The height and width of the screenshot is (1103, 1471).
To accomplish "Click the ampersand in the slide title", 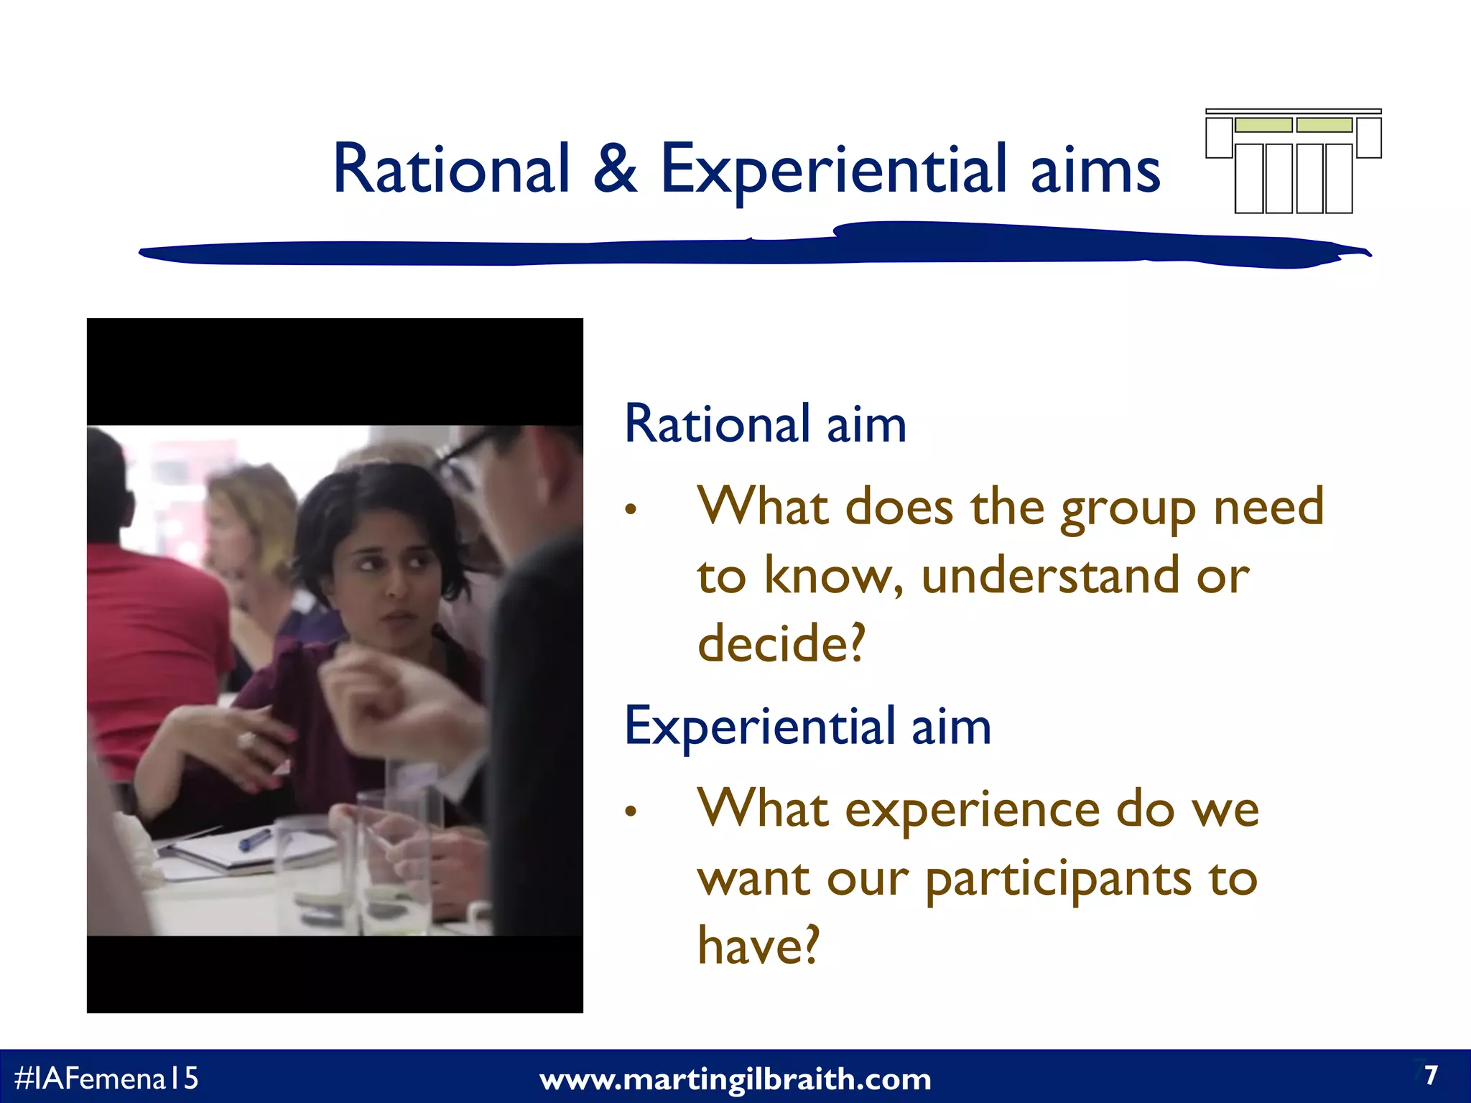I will pos(615,169).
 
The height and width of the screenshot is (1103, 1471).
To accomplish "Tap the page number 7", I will pos(1431,1075).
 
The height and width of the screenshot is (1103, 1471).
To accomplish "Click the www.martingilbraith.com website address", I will pos(735,1079).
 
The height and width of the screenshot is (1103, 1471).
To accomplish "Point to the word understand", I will pos(1049,576).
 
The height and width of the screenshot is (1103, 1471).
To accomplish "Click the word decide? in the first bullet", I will pos(781,643).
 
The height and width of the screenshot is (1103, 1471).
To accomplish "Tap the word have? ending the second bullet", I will pos(758,946).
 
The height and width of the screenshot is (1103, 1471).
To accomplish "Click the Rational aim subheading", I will pos(765,424).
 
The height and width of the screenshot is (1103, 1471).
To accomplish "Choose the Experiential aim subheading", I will pos(807,726).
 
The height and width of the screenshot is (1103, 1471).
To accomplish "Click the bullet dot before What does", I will pos(631,510).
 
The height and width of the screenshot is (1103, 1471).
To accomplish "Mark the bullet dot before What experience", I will pos(631,812).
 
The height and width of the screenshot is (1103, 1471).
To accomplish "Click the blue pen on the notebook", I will pos(254,839).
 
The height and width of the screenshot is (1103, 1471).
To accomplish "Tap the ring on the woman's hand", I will pos(247,740).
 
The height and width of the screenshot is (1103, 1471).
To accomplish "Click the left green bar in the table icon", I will pos(1263,125).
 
